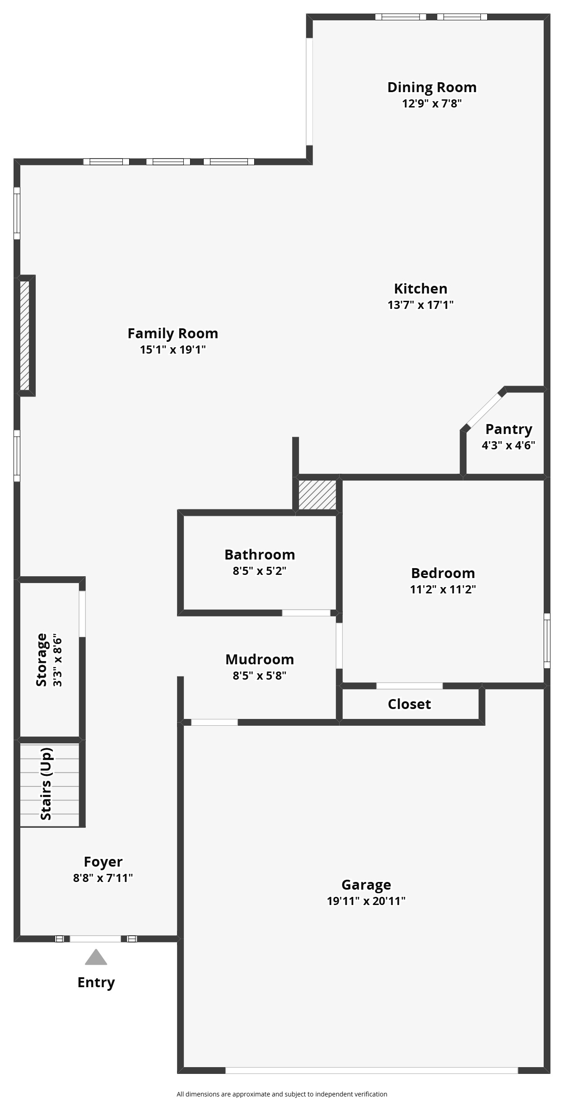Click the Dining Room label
tap(432, 87)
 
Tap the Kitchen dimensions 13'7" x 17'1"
tap(420, 305)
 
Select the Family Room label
tap(172, 333)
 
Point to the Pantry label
tap(508, 429)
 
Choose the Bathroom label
tap(260, 555)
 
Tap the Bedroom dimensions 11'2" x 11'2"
tap(443, 589)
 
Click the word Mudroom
tap(260, 659)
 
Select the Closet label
tap(409, 704)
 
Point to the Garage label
tap(366, 885)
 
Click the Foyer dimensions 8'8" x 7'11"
tap(103, 878)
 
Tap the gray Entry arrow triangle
tap(96, 957)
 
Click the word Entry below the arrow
tap(96, 982)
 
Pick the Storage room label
tap(42, 660)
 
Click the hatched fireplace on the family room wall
tap(25, 335)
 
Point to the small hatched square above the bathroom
tap(317, 495)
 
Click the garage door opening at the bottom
tap(371, 1070)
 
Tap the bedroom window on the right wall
tap(547, 640)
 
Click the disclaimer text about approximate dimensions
tap(282, 1094)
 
